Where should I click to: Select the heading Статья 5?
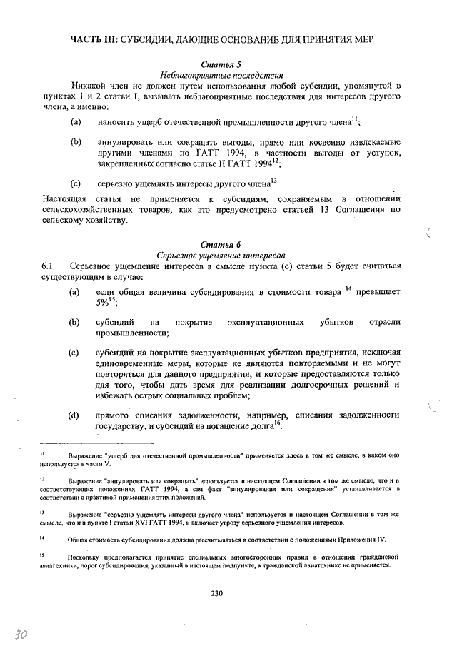[x=219, y=64]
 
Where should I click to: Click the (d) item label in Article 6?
[x=74, y=415]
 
